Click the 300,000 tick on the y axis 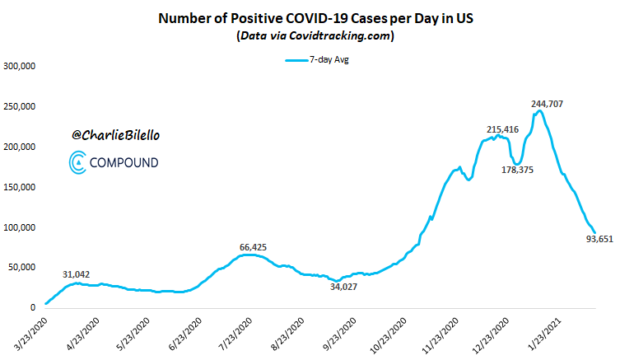pyautogui.click(x=24, y=67)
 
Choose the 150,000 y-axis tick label pyautogui.click(x=24, y=187)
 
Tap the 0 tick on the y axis pyautogui.click(x=34, y=307)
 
